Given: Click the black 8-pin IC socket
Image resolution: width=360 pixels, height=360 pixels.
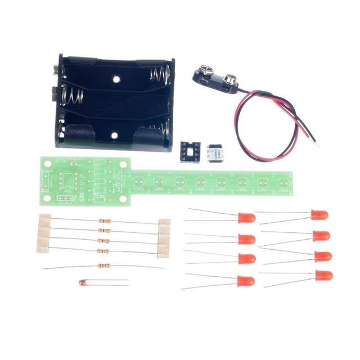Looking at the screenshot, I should coord(190,151).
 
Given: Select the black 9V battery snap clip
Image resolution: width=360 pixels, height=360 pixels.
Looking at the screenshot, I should coord(214,75).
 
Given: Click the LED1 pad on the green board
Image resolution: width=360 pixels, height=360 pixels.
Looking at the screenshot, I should coord(139,182).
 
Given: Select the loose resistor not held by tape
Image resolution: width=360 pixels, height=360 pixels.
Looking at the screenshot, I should coord(103,266).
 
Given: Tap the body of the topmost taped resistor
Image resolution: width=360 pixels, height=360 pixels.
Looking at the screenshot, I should coord(103,221).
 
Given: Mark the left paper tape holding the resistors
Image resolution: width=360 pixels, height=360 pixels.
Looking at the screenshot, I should coord(44,233).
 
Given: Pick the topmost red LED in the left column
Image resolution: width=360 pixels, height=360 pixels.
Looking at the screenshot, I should coord(246,217).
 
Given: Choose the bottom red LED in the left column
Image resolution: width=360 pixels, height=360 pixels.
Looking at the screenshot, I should coord(246,281).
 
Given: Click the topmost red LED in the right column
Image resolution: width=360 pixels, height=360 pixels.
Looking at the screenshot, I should coord(319,214).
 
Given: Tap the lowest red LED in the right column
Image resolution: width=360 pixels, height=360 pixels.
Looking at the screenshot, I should coord(324,276).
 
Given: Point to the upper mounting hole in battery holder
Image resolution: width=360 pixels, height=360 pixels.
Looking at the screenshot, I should coord(116,79).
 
